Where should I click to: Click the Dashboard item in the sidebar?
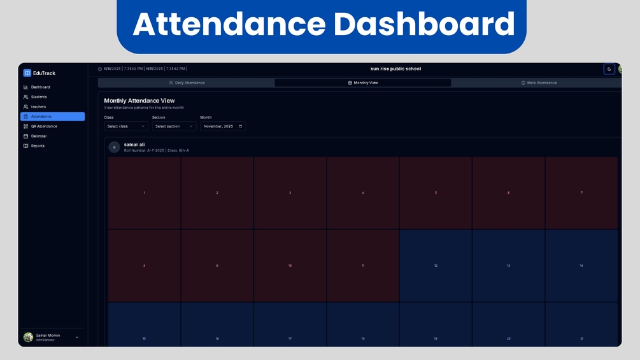pyautogui.click(x=40, y=87)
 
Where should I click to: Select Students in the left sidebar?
pyautogui.click(x=39, y=97)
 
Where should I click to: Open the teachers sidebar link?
pyautogui.click(x=38, y=107)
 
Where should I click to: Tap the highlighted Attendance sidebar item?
pyautogui.click(x=52, y=117)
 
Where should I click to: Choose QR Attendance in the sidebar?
pyautogui.click(x=44, y=126)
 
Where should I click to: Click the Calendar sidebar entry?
pyautogui.click(x=39, y=136)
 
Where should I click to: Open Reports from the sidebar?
pyautogui.click(x=38, y=146)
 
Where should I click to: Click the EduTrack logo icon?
pyautogui.click(x=27, y=73)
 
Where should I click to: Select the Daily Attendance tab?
pyautogui.click(x=187, y=83)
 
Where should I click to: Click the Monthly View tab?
pyautogui.click(x=363, y=83)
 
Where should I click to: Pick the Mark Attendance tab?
pyautogui.click(x=539, y=83)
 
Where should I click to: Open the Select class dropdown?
pyautogui.click(x=126, y=126)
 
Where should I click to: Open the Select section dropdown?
pyautogui.click(x=174, y=126)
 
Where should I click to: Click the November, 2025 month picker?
pyautogui.click(x=223, y=126)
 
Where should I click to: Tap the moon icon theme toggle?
pyautogui.click(x=609, y=69)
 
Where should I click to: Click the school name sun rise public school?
pyautogui.click(x=395, y=69)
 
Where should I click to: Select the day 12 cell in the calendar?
pyautogui.click(x=436, y=266)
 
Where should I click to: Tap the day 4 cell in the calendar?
pyautogui.click(x=363, y=192)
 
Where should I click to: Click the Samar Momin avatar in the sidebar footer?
pyautogui.click(x=28, y=337)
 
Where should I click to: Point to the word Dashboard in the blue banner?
pyautogui.click(x=423, y=24)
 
